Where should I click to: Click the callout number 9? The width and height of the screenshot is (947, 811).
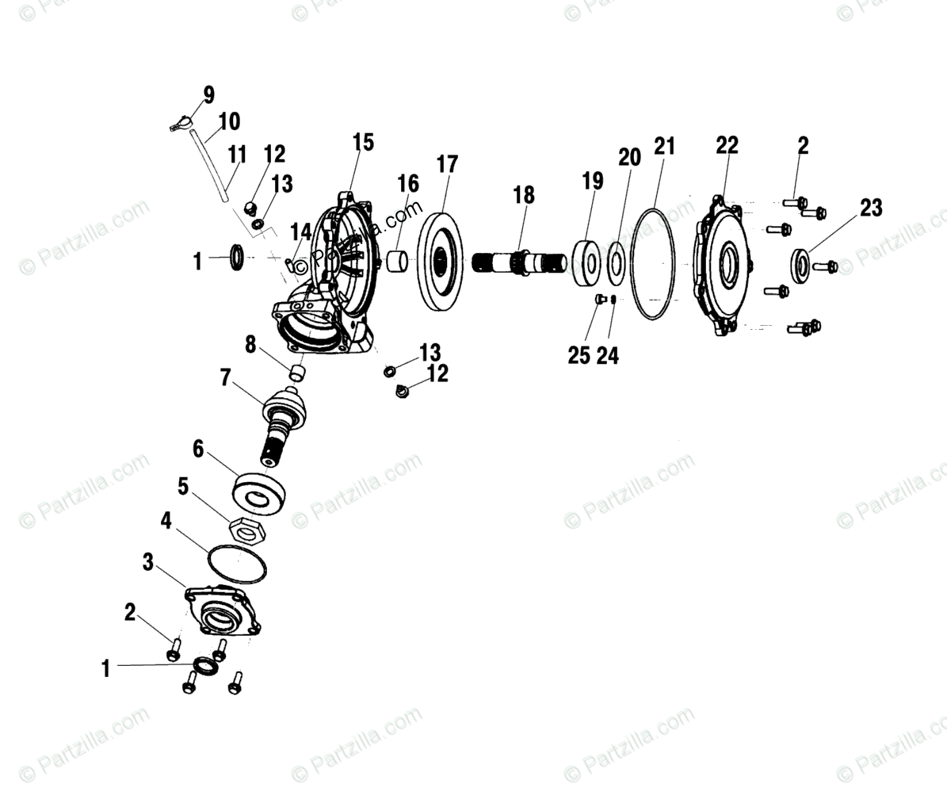[208, 96]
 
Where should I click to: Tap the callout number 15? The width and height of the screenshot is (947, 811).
[363, 143]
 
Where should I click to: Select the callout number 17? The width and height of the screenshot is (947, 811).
[447, 165]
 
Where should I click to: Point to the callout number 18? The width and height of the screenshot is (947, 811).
[524, 195]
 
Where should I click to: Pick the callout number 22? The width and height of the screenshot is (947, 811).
[727, 145]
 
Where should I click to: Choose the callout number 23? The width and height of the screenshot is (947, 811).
[871, 208]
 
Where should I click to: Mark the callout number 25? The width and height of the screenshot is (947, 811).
[579, 355]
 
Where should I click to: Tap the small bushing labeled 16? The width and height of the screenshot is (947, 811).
[397, 260]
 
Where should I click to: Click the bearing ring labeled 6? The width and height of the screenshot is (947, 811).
[258, 494]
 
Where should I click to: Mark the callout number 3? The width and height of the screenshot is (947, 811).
[148, 562]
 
